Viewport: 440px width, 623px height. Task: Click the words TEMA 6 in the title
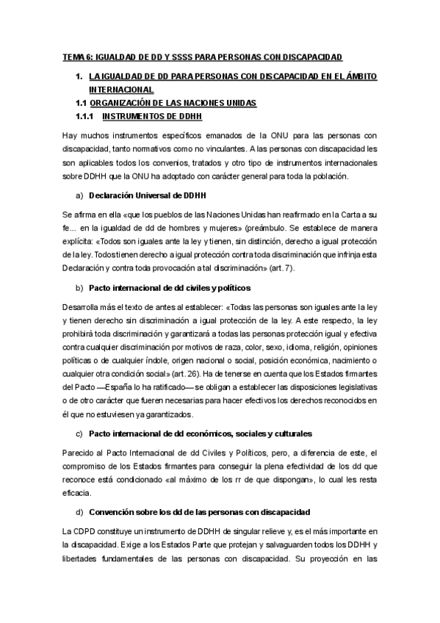coord(76,58)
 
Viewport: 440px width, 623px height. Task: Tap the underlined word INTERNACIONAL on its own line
coord(120,90)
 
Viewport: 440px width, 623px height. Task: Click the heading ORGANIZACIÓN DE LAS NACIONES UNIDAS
coord(178,103)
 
